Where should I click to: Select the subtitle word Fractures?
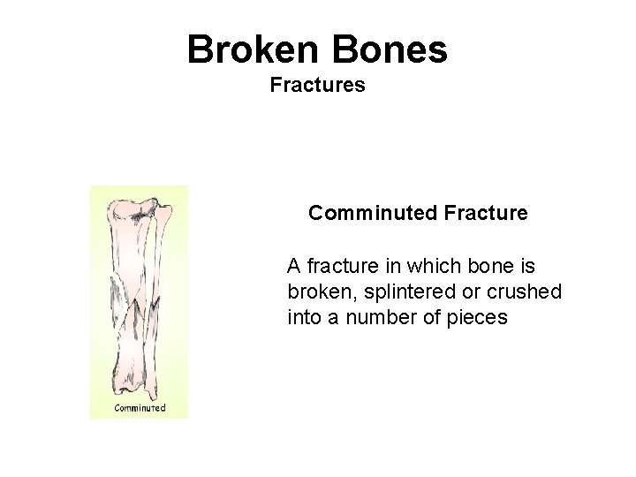[x=317, y=86]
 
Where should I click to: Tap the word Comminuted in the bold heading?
[x=360, y=213]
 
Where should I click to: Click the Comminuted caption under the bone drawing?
[x=140, y=407]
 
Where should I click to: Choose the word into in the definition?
[x=303, y=317]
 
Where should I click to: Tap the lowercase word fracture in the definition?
[x=342, y=266]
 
